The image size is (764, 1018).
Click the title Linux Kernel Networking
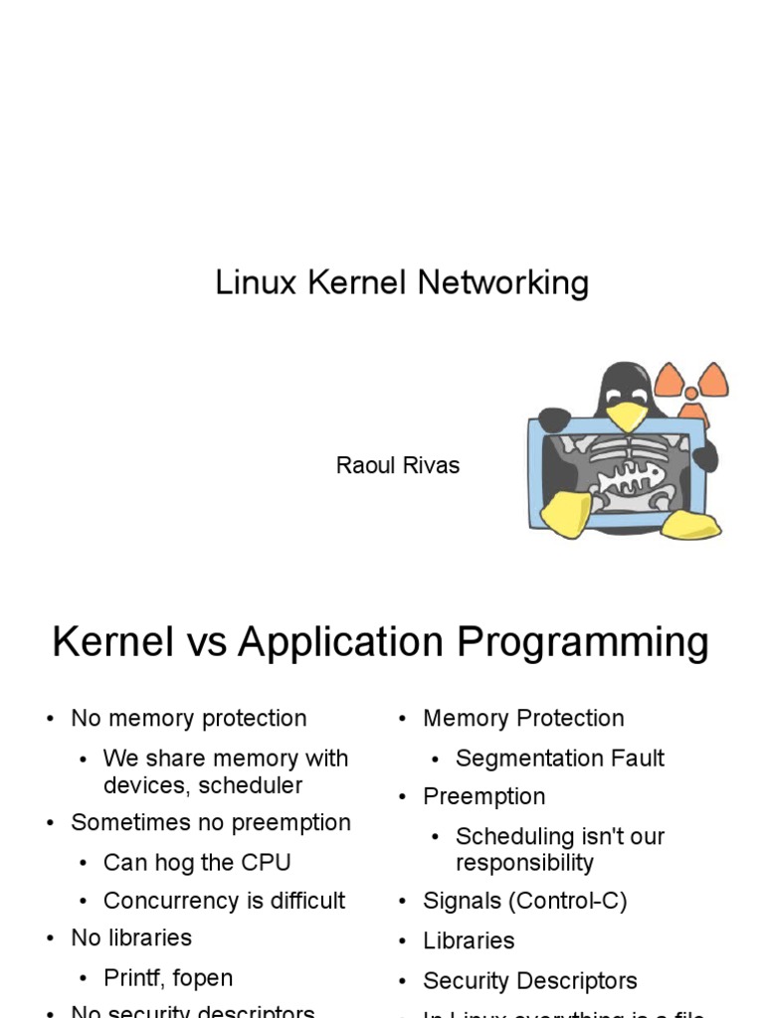click(402, 283)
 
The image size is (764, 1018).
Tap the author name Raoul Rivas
click(398, 465)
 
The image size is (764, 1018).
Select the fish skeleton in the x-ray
click(627, 477)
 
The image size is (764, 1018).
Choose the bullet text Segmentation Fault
click(559, 759)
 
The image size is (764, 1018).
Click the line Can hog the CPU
click(197, 862)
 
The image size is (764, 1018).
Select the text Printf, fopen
click(168, 978)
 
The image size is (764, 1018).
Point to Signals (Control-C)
click(524, 902)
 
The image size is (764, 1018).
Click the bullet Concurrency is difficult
click(224, 901)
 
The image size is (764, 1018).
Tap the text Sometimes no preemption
click(211, 823)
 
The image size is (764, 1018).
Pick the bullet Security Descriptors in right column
click(529, 981)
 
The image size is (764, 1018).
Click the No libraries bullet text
click(131, 938)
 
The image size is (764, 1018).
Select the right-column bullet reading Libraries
click(469, 940)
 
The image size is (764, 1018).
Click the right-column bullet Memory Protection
click(523, 718)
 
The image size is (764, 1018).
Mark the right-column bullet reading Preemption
click(483, 796)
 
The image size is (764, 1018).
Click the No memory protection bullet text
click(189, 718)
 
